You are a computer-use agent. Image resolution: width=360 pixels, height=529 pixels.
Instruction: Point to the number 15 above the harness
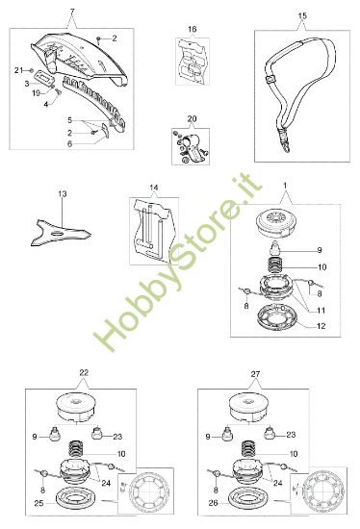302,16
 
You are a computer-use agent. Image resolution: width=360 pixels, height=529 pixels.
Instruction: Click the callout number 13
63,194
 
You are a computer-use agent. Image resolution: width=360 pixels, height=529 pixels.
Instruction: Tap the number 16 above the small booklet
191,30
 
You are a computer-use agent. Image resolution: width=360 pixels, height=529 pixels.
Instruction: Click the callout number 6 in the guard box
68,143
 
